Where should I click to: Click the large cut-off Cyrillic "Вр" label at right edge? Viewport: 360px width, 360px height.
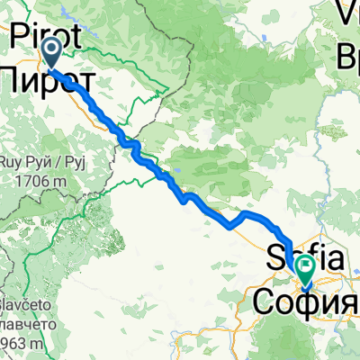pos(349,58)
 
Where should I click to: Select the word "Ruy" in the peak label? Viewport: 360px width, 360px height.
pos(13,165)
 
